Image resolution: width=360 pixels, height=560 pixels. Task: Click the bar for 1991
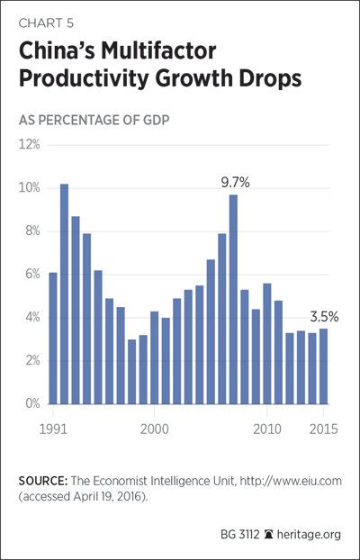tap(53, 339)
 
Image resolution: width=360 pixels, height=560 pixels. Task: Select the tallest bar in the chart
tap(64, 294)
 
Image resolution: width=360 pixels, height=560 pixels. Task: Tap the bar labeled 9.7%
tap(233, 299)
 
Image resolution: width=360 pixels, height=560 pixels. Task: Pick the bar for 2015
tap(323, 366)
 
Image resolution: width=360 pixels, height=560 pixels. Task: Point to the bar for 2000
tap(154, 357)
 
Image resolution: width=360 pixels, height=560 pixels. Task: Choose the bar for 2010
tap(266, 344)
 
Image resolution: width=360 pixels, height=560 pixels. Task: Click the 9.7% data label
tap(235, 183)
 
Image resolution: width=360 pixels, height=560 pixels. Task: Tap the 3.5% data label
tap(324, 317)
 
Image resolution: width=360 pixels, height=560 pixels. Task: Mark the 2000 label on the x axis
tap(154, 429)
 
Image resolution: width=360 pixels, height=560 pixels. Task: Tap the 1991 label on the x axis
tap(53, 429)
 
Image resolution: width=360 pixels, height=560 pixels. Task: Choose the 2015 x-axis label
tap(323, 429)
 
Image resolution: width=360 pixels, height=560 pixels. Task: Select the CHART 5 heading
tap(46, 23)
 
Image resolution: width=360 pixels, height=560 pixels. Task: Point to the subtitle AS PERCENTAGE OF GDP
tap(94, 121)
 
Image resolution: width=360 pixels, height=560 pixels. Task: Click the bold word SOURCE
tap(43, 481)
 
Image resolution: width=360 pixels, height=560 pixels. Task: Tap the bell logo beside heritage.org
tap(267, 535)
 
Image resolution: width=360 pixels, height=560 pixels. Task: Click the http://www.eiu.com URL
tap(291, 481)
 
